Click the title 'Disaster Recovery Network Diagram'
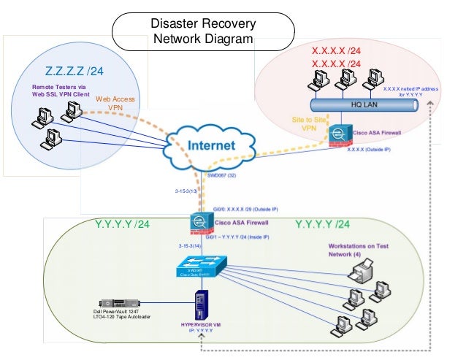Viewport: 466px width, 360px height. [x=202, y=31]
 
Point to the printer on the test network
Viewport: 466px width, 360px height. [x=361, y=273]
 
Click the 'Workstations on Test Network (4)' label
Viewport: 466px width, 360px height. [x=358, y=250]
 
